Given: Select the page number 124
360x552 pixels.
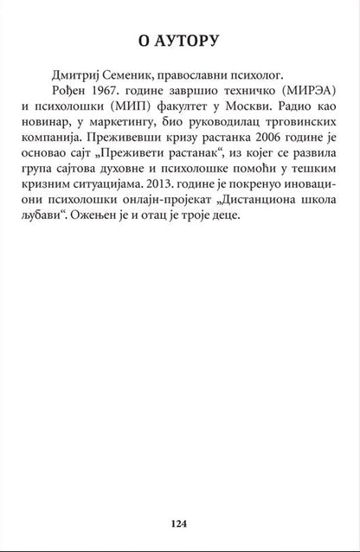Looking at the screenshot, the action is pos(180,523).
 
